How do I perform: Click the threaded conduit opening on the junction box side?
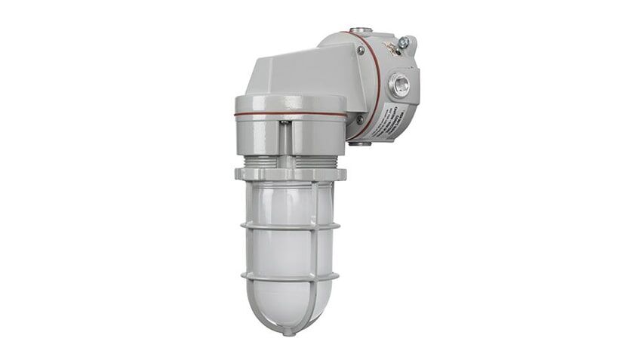tap(400, 85)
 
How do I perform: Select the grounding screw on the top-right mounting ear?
tap(404, 44)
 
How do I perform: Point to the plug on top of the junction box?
tap(362, 30)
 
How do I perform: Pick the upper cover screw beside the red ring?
tap(362, 51)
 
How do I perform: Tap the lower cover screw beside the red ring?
tap(359, 118)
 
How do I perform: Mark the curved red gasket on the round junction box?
tap(375, 83)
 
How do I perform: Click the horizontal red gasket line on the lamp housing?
tap(291, 114)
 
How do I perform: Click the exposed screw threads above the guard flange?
tap(290, 162)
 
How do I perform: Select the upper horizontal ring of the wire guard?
tap(291, 225)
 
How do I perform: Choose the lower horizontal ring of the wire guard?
tap(291, 277)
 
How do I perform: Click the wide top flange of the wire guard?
tap(291, 174)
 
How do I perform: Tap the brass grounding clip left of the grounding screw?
tap(390, 47)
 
